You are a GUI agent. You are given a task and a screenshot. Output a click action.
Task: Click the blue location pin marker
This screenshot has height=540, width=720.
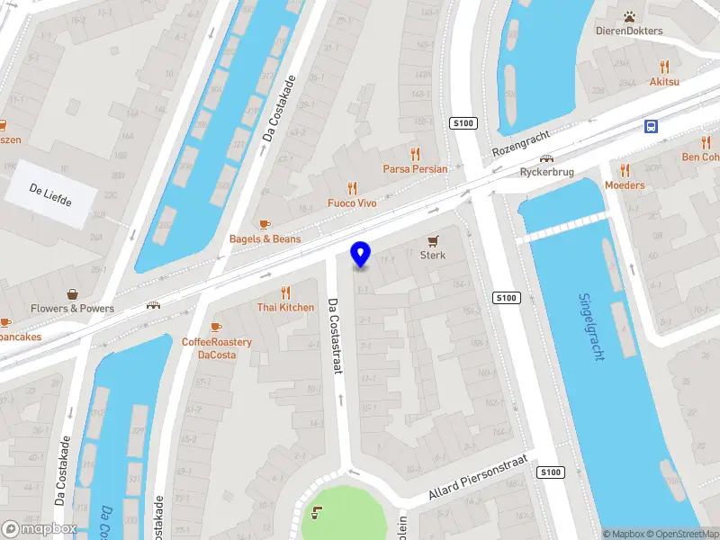coord(361,255)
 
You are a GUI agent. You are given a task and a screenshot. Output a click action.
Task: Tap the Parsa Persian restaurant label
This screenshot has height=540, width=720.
coord(415,168)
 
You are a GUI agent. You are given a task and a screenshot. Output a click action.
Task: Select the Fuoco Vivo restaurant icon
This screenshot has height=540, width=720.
coord(352,188)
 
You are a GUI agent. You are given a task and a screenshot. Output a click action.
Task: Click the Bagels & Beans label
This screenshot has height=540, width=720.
coord(265,238)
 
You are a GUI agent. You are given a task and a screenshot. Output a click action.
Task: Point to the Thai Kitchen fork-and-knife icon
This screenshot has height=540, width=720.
coord(285,292)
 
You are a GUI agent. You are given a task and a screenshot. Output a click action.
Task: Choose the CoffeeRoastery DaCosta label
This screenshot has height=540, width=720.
coord(216,348)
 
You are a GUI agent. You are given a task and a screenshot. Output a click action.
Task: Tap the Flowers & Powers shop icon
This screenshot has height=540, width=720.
coord(72,293)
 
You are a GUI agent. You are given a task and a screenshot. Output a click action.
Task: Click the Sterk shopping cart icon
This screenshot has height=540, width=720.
coord(433,240)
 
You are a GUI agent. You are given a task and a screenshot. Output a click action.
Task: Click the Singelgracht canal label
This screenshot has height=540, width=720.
coord(591,327)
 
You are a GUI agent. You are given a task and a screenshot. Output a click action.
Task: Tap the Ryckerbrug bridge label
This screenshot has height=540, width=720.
coord(547,172)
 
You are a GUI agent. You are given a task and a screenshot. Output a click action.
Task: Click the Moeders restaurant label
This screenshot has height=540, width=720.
coord(625,185)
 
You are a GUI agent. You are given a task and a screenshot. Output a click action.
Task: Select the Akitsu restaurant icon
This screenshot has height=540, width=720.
coord(664,66)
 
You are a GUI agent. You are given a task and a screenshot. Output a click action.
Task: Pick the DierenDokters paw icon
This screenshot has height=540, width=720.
coord(629,16)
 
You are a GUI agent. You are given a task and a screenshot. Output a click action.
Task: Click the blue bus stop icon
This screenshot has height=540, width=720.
coord(651,126)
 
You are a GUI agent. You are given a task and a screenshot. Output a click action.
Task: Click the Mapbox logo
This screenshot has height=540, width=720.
coord(39,529)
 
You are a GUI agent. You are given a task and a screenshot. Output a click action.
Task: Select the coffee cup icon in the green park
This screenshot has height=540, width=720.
coord(317,513)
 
